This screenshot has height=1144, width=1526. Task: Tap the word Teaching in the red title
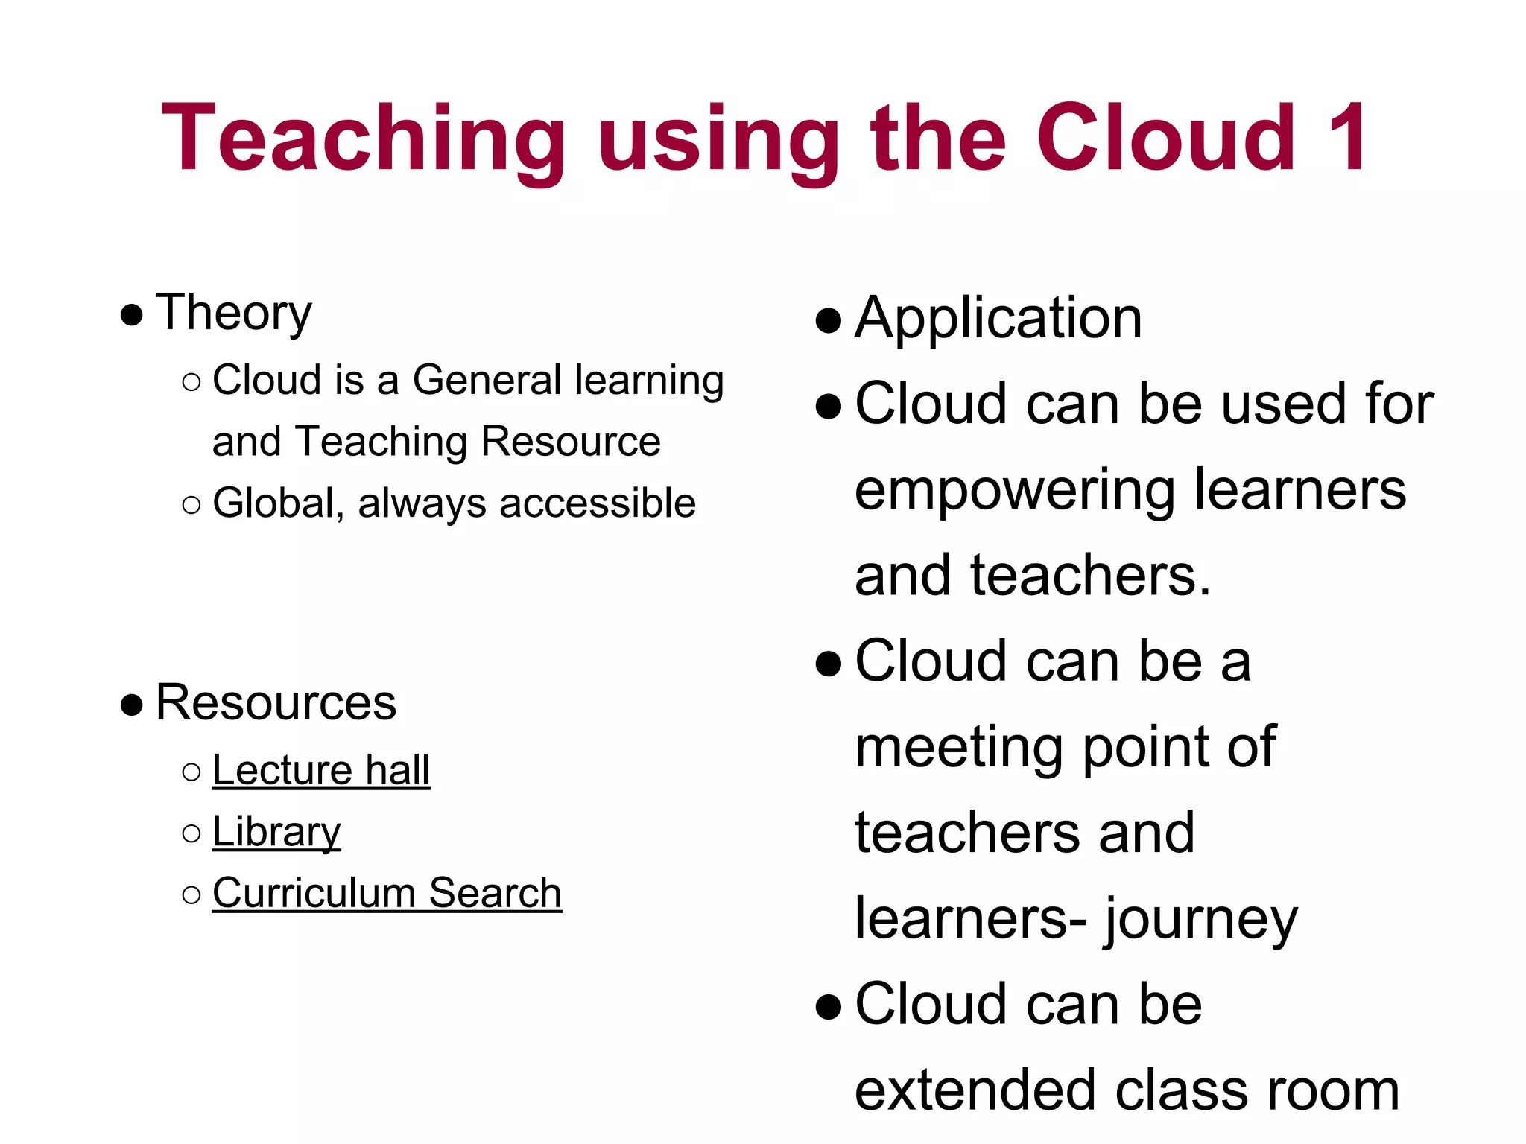(x=363, y=140)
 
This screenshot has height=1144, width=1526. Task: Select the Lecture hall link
(x=321, y=769)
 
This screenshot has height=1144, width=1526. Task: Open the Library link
(x=276, y=831)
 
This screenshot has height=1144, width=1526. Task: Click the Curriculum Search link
(x=387, y=892)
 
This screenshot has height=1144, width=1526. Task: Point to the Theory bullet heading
(x=233, y=312)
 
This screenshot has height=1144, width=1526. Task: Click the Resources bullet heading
(x=276, y=702)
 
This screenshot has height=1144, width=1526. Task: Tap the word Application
(x=998, y=318)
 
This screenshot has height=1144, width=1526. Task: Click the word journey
(x=1201, y=920)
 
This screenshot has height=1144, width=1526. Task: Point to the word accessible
(x=598, y=503)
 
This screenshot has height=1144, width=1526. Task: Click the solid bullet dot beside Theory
(x=131, y=315)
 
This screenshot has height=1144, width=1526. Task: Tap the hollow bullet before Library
(x=191, y=833)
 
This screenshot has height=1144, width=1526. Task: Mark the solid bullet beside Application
(x=829, y=321)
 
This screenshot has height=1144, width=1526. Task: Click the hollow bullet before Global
(x=191, y=505)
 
